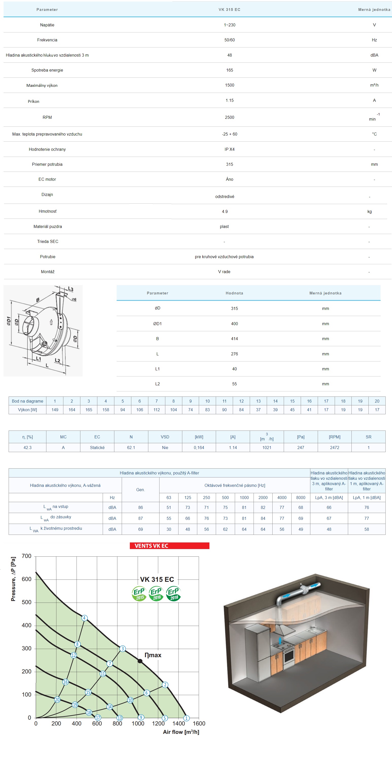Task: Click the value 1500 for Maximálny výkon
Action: click(229, 85)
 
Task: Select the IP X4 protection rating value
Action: click(229, 149)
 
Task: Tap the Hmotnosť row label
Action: click(47, 211)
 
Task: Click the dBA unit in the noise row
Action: click(374, 55)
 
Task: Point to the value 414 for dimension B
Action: click(234, 339)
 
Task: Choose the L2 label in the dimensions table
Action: click(157, 384)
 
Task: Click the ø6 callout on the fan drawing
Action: click(74, 299)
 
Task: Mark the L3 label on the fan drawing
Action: click(70, 289)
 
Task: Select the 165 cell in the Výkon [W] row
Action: click(88, 409)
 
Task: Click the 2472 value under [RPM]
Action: click(334, 447)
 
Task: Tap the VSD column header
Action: click(165, 437)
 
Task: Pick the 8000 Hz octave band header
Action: click(300, 498)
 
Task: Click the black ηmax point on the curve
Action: click(140, 661)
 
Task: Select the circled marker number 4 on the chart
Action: click(84, 618)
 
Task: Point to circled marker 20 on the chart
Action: click(57, 699)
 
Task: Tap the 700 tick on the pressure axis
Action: click(27, 556)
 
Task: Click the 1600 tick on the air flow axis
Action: click(199, 723)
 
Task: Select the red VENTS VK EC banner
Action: click(169, 546)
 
